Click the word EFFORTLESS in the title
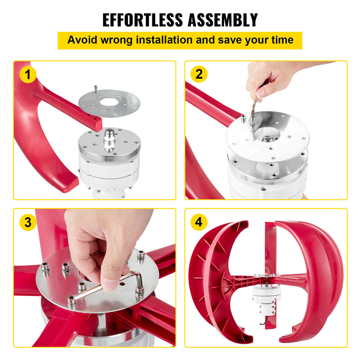pos(143,20)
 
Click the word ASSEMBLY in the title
pos(223,20)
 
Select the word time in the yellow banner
pos(282,40)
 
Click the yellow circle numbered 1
pos(28,75)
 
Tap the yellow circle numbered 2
pos(199,74)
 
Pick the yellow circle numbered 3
pos(28,222)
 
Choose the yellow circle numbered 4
pos(199,222)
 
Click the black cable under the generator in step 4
pos(264,320)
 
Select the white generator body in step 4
pos(266,299)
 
